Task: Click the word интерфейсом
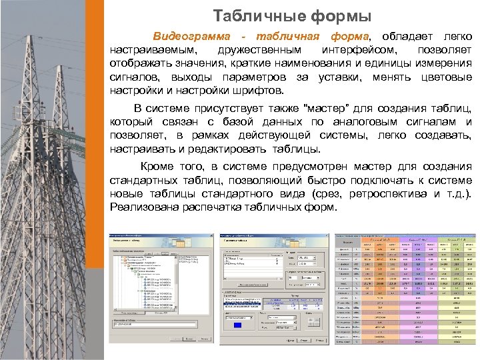pos(359,50)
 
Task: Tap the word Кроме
pos(155,167)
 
